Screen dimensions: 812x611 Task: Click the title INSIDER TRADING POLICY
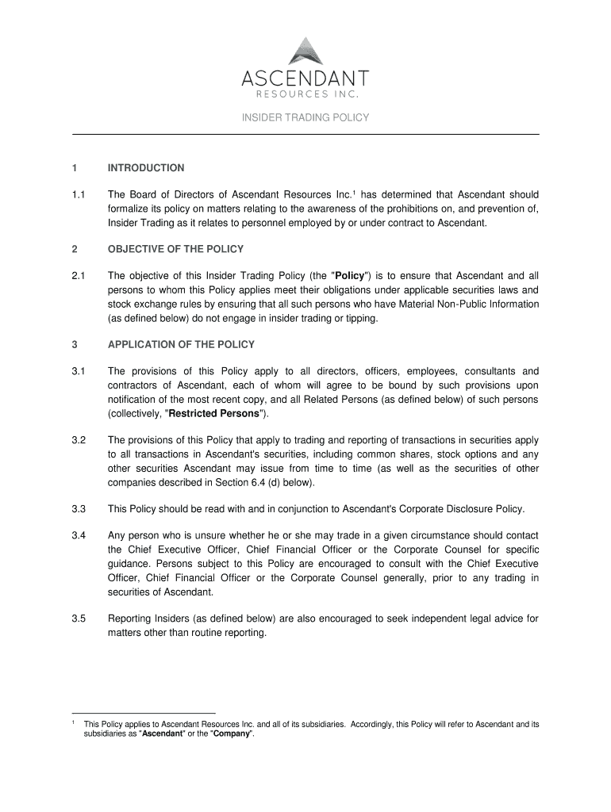[305, 118]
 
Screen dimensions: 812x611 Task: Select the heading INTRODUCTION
[146, 168]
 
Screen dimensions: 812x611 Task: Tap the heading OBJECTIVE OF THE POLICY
[175, 249]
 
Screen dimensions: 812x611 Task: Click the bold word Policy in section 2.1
[349, 276]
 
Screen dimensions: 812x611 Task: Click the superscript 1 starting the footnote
[73, 722]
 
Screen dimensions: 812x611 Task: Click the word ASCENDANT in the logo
[305, 79]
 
